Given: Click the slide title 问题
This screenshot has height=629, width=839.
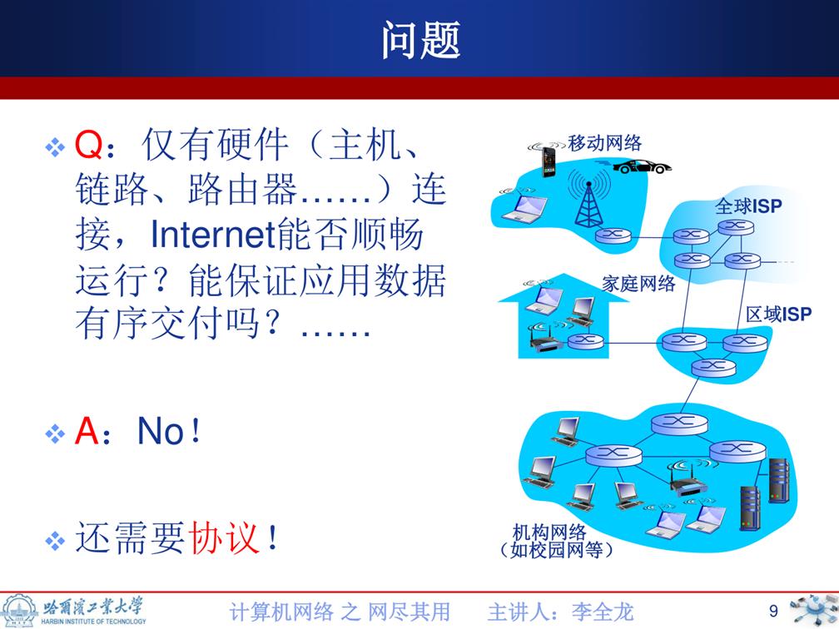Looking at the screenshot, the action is pyautogui.click(x=420, y=40).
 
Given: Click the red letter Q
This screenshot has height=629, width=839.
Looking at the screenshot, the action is pyautogui.click(x=88, y=145).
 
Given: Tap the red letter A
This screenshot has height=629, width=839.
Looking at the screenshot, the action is pyautogui.click(x=87, y=431).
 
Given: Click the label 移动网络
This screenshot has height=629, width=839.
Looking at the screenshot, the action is pyautogui.click(x=604, y=143).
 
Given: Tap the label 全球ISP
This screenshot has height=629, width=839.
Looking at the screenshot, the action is pyautogui.click(x=748, y=206).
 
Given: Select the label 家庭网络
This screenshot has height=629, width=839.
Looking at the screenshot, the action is pyautogui.click(x=638, y=283).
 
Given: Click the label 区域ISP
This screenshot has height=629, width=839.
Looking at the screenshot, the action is pyautogui.click(x=778, y=314).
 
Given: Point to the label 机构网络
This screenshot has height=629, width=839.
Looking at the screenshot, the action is pyautogui.click(x=549, y=532).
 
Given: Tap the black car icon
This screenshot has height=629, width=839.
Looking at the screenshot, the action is pyautogui.click(x=642, y=166).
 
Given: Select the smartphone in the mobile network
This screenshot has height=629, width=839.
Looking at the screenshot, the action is pyautogui.click(x=549, y=161).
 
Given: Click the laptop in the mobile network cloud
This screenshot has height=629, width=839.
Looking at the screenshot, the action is pyautogui.click(x=524, y=207).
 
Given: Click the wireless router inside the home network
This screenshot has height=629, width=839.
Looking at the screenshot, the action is pyautogui.click(x=546, y=339).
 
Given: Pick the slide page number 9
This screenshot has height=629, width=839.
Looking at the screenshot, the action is pyautogui.click(x=773, y=611).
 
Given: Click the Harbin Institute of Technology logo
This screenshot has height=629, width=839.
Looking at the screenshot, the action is pyautogui.click(x=74, y=611).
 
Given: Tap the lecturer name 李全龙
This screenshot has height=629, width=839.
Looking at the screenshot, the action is pyautogui.click(x=602, y=612).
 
